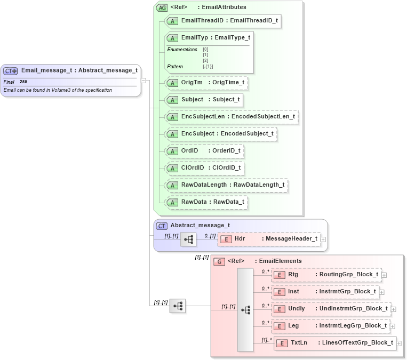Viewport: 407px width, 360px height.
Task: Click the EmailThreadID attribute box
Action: pyautogui.click(x=222, y=21)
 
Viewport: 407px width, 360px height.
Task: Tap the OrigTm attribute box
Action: pyautogui.click(x=206, y=83)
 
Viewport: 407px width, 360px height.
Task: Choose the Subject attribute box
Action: pyautogui.click(x=204, y=100)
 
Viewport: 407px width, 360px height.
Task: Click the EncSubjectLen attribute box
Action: pyautogui.click(x=231, y=117)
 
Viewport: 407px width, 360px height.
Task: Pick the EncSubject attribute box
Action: pyautogui.click(x=220, y=134)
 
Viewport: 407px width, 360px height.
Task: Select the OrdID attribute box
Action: pyautogui.click(x=204, y=151)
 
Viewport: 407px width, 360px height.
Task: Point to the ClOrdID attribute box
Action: pyautogui.click(x=204, y=168)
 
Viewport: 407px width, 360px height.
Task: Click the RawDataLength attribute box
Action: pyautogui.click(x=227, y=185)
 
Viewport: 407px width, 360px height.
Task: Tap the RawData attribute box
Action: pyautogui.click(x=206, y=202)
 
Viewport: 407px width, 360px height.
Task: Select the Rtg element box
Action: pyautogui.click(x=326, y=275)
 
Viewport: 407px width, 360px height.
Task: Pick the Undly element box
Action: pyautogui.click(x=331, y=309)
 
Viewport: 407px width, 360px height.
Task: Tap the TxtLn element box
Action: pyautogui.click(x=334, y=343)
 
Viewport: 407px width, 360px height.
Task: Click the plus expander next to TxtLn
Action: pyautogui.click(x=399, y=343)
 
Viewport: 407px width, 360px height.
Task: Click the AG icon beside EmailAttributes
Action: pyautogui.click(x=162, y=7)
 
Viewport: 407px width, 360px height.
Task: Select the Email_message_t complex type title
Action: pyautogui.click(x=79, y=70)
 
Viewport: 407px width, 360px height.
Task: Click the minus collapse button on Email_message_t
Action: pyautogui.click(x=143, y=81)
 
